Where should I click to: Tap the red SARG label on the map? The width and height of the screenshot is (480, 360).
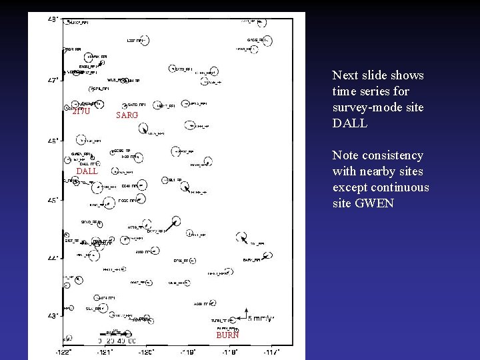127,115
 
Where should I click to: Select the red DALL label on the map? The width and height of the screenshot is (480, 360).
87,171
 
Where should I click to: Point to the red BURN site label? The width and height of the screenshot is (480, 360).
227,335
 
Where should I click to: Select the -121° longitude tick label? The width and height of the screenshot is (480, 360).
105,352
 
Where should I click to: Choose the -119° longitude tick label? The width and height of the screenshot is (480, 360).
189,352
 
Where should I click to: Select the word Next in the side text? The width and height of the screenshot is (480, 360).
345,75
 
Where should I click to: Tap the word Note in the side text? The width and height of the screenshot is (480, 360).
345,155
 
